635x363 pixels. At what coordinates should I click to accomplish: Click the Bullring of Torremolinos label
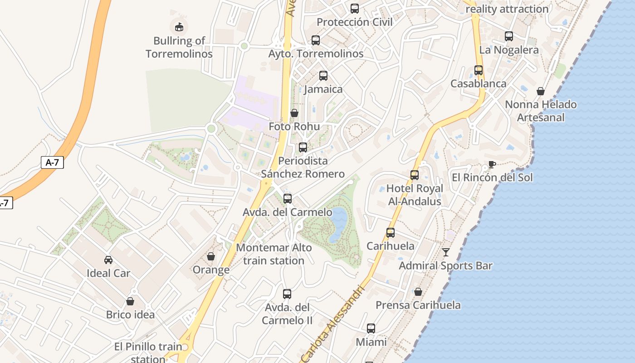(179, 47)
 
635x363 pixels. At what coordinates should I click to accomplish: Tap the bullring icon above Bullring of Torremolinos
(179, 26)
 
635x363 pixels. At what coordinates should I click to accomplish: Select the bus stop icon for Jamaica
(323, 76)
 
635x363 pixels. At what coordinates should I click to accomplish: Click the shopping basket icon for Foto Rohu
(294, 113)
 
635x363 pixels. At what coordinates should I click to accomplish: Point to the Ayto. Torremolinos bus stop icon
(316, 40)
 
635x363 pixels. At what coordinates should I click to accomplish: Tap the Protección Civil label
(354, 22)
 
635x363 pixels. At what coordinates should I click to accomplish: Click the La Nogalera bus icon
(509, 36)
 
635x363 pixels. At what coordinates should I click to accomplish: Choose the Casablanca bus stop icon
(479, 70)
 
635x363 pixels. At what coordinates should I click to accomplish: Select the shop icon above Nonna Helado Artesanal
(541, 91)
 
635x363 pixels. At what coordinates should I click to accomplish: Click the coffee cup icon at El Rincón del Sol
(492, 164)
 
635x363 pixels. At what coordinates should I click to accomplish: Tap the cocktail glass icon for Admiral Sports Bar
(446, 252)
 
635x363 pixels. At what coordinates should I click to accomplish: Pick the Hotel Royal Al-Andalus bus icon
(415, 175)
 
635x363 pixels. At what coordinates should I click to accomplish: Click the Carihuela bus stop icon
(391, 233)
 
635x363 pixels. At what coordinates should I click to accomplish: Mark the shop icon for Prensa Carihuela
(418, 292)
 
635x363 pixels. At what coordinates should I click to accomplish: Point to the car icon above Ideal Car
(108, 260)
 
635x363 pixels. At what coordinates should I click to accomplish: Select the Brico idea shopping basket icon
(130, 301)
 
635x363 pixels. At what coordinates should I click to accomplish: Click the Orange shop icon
(211, 257)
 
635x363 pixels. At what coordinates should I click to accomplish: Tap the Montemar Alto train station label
(274, 254)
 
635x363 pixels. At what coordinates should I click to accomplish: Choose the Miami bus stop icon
(371, 329)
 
